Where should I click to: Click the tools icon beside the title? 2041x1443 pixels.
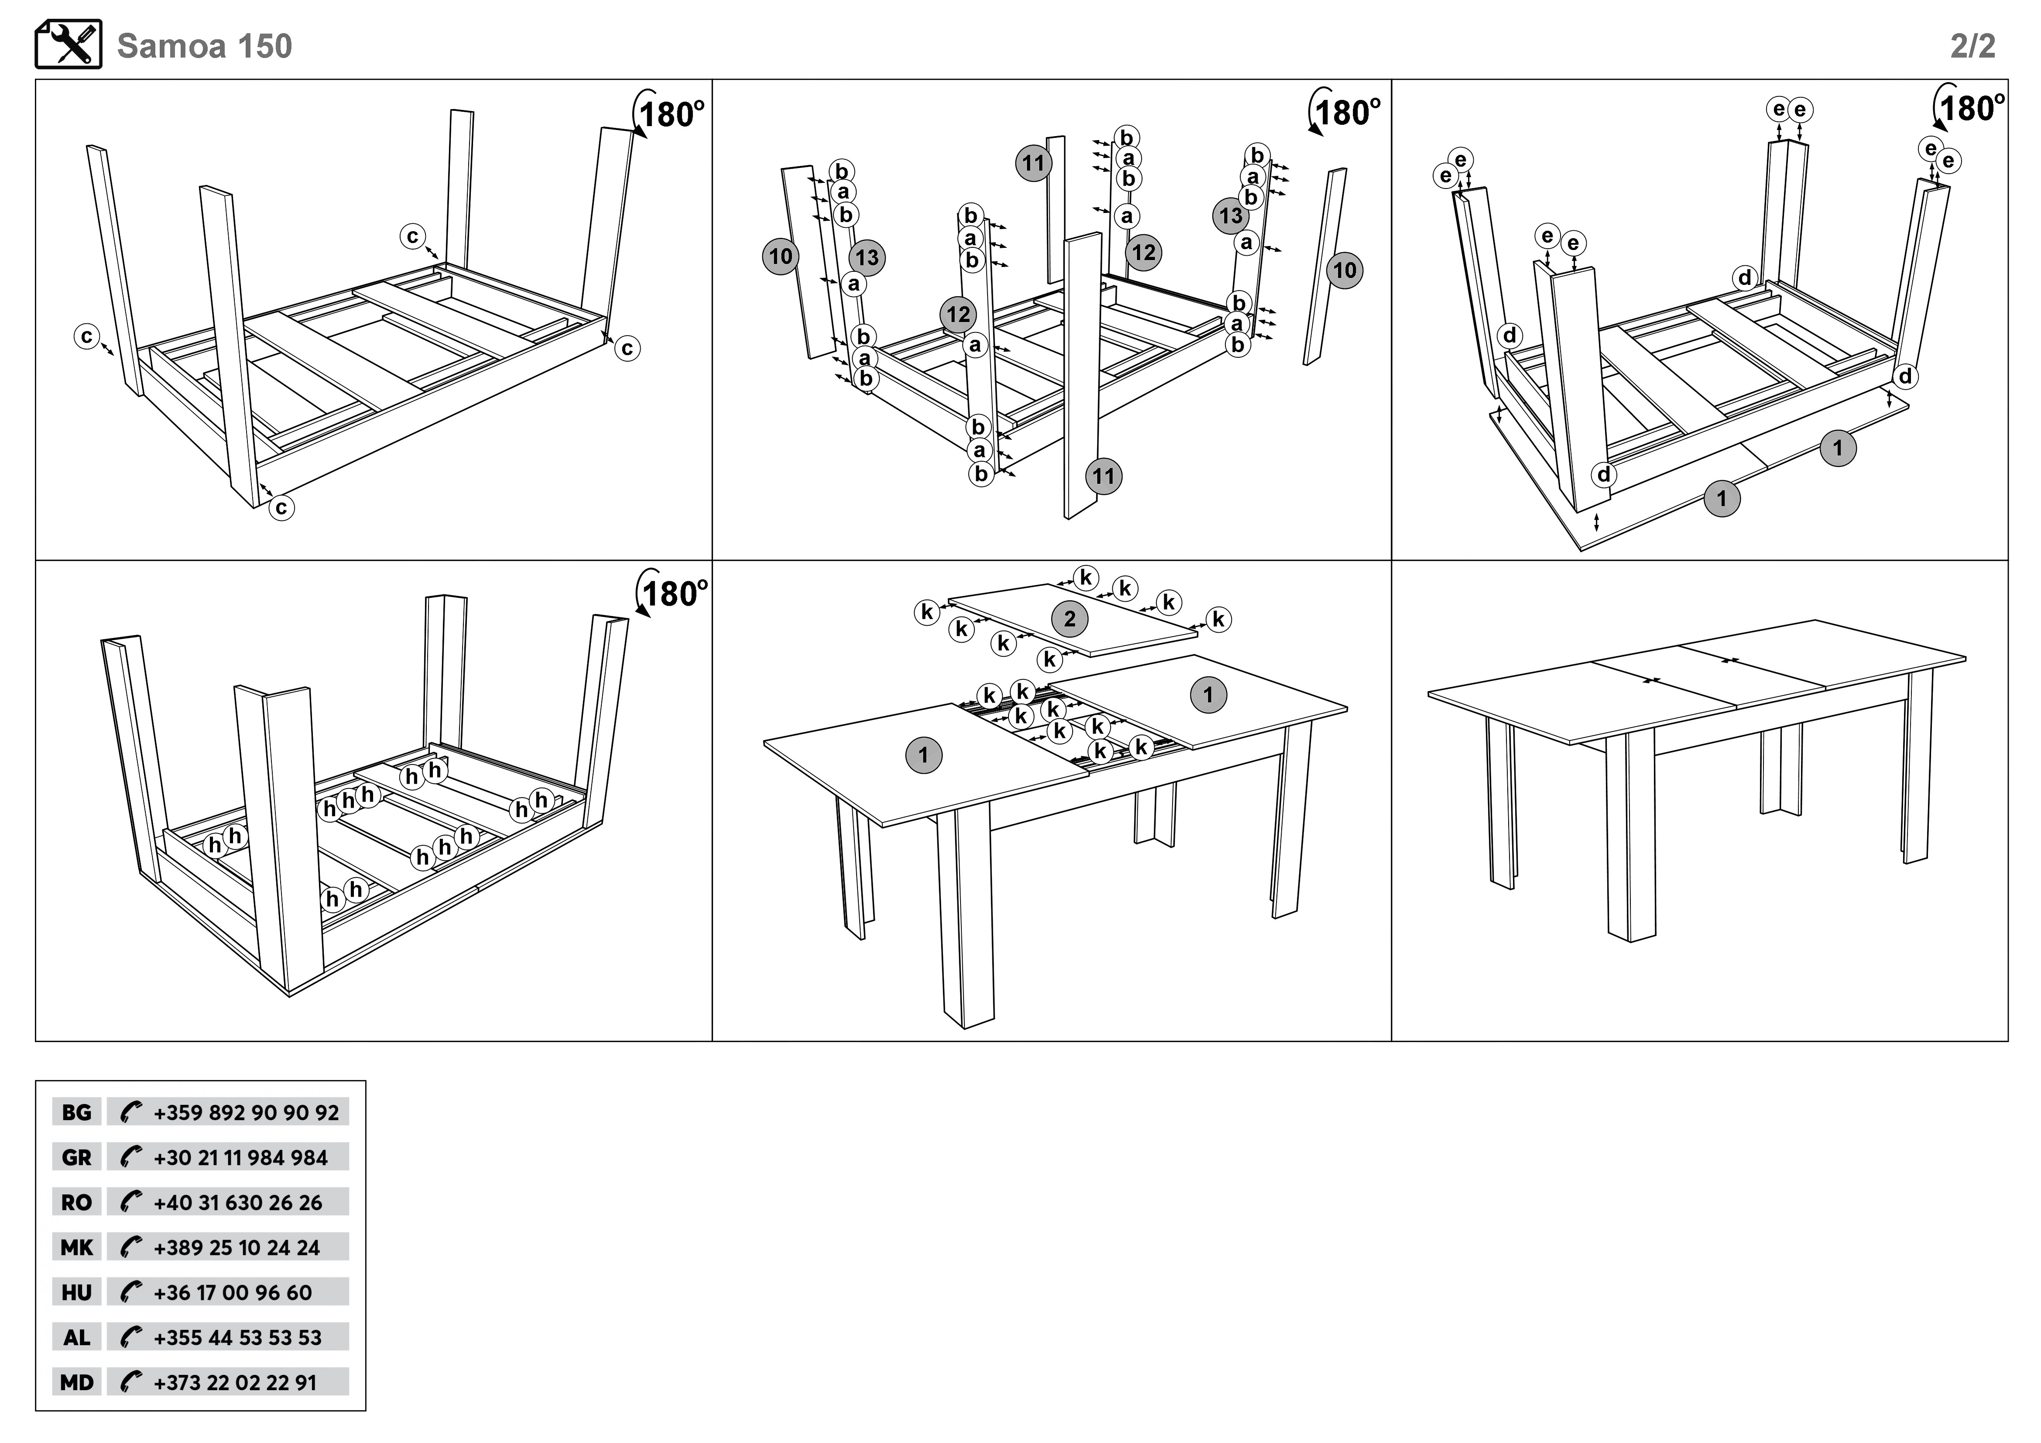pyautogui.click(x=69, y=45)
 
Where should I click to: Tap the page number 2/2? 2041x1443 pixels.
pyautogui.click(x=1972, y=46)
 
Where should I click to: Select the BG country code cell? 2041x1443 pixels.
pyautogui.click(x=76, y=1112)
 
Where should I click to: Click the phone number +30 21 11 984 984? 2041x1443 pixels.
pyautogui.click(x=240, y=1158)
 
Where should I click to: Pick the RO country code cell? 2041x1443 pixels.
pyautogui.click(x=76, y=1202)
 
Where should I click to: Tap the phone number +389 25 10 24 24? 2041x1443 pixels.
pyautogui.click(x=237, y=1248)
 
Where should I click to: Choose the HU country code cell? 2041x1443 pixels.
pyautogui.click(x=76, y=1292)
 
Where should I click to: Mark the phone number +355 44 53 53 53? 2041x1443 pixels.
pyautogui.click(x=237, y=1337)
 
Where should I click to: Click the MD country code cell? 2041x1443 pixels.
pyautogui.click(x=76, y=1382)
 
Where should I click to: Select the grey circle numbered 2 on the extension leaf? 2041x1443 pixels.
pyautogui.click(x=1070, y=619)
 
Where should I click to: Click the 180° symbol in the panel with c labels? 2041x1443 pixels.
pyautogui.click(x=669, y=114)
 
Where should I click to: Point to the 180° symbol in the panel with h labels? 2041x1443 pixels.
pyautogui.click(x=672, y=593)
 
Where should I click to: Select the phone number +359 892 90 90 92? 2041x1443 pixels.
pyautogui.click(x=246, y=1112)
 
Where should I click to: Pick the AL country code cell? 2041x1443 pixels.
pyautogui.click(x=76, y=1337)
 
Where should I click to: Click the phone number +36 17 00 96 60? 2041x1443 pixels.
pyautogui.click(x=233, y=1292)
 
